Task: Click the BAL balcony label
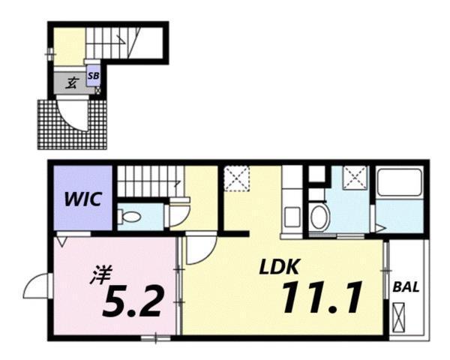(406, 286)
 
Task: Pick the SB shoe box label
(94, 75)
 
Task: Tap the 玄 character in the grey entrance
(69, 83)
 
